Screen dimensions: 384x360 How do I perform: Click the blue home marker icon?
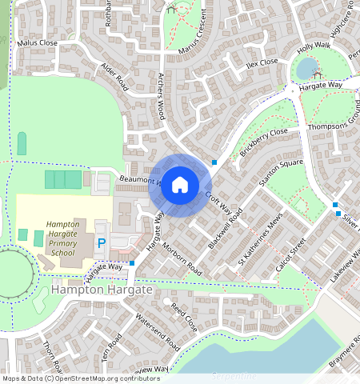click(x=180, y=185)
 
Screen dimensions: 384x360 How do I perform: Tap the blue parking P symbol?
click(x=102, y=242)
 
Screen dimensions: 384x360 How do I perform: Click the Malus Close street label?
click(x=38, y=42)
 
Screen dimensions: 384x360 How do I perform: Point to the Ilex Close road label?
click(x=262, y=62)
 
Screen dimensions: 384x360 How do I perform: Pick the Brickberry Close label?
click(x=263, y=142)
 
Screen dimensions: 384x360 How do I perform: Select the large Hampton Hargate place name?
click(x=102, y=290)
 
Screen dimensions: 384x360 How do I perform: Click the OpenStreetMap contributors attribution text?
click(x=81, y=378)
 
